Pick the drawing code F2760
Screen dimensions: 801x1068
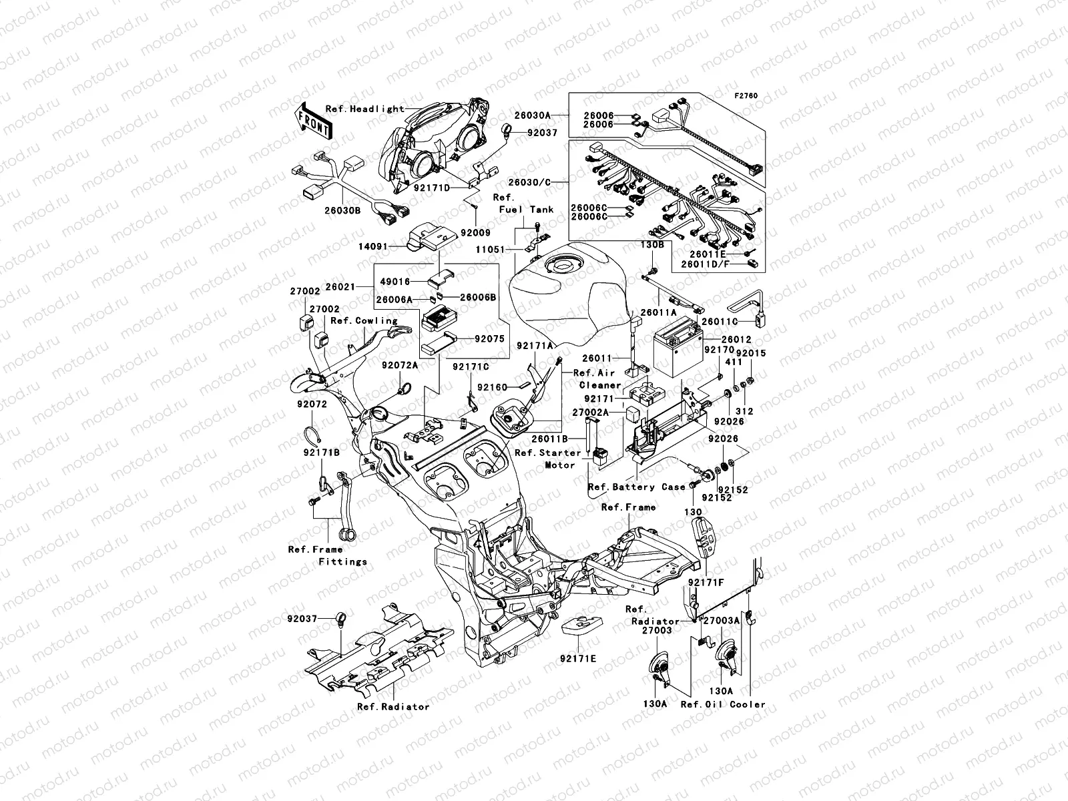[x=747, y=96]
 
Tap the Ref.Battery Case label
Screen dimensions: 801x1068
[x=637, y=487]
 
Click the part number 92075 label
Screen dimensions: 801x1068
[x=489, y=339]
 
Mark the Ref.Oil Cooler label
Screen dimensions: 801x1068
[x=723, y=704]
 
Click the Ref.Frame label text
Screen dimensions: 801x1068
[x=628, y=507]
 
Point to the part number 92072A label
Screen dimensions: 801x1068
[x=400, y=365]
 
